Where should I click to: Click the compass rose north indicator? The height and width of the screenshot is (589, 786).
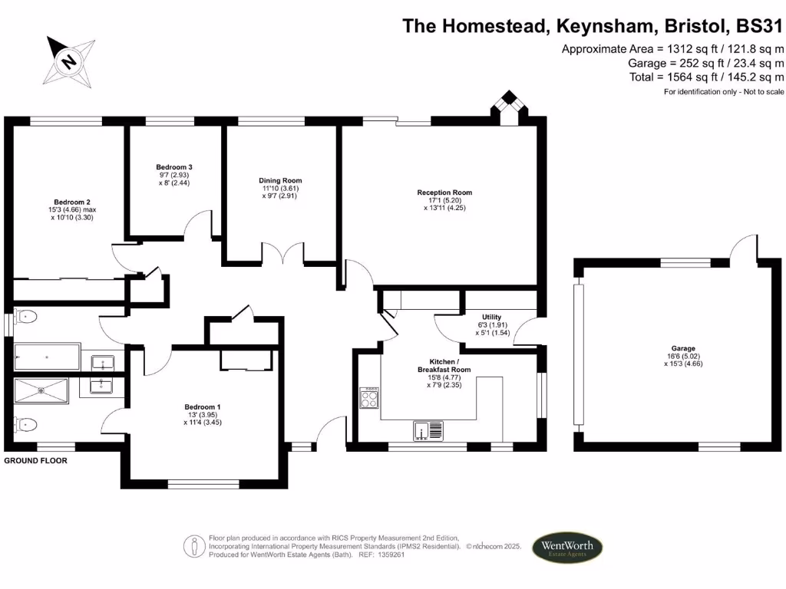(x=69, y=61)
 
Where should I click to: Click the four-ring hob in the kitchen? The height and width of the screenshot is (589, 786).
(x=369, y=397)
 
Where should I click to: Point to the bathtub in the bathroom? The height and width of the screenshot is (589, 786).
(x=47, y=357)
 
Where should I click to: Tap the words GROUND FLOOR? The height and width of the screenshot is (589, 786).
(x=35, y=461)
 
